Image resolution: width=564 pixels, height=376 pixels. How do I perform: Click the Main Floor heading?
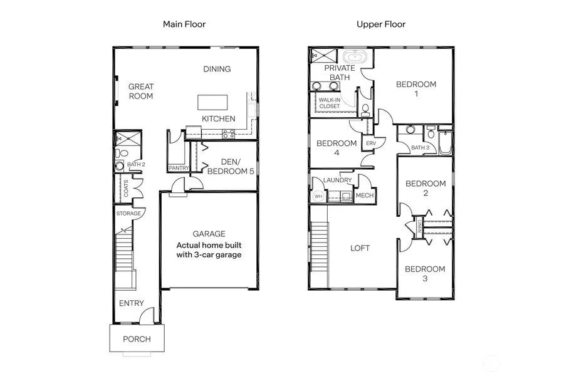tap(184, 24)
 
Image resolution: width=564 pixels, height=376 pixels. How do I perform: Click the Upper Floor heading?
tap(381, 24)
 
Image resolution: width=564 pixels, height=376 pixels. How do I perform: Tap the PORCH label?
tap(137, 339)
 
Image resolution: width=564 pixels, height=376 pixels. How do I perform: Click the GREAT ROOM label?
tap(141, 91)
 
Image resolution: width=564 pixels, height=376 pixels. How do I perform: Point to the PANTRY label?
tap(179, 168)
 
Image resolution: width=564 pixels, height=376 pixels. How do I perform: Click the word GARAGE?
tap(209, 234)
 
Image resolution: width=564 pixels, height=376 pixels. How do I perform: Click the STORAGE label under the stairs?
tap(128, 214)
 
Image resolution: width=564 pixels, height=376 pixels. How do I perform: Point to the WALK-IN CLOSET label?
tap(330, 103)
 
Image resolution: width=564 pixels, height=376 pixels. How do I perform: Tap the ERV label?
tap(370, 144)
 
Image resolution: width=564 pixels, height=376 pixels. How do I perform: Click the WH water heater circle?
tap(318, 196)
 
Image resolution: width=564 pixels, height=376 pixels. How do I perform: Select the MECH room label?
tap(364, 196)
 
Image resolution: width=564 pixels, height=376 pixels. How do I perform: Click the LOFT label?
tap(360, 248)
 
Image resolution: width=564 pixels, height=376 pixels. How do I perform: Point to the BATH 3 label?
tap(419, 148)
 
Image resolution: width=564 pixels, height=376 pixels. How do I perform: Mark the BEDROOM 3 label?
tap(425, 273)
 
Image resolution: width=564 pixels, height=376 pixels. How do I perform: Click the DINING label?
tap(217, 69)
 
